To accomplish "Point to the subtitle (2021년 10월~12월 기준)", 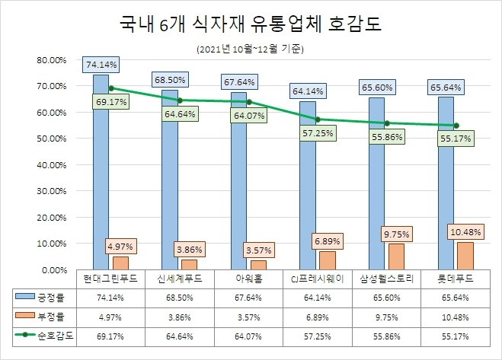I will pos(251,49).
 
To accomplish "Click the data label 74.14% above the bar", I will pos(101,65).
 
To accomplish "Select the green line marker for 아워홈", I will pos(248,102).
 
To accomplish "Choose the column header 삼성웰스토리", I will pos(387,279).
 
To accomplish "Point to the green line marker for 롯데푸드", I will pos(456,126).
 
